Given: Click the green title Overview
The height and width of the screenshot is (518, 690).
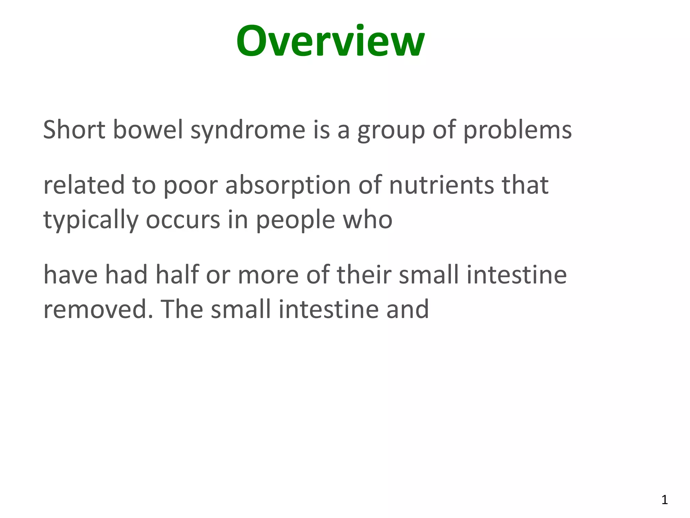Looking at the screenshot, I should coord(330,41).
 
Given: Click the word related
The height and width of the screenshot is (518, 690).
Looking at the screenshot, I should coord(84,185).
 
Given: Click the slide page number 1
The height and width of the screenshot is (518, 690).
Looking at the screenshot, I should coord(664,500).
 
